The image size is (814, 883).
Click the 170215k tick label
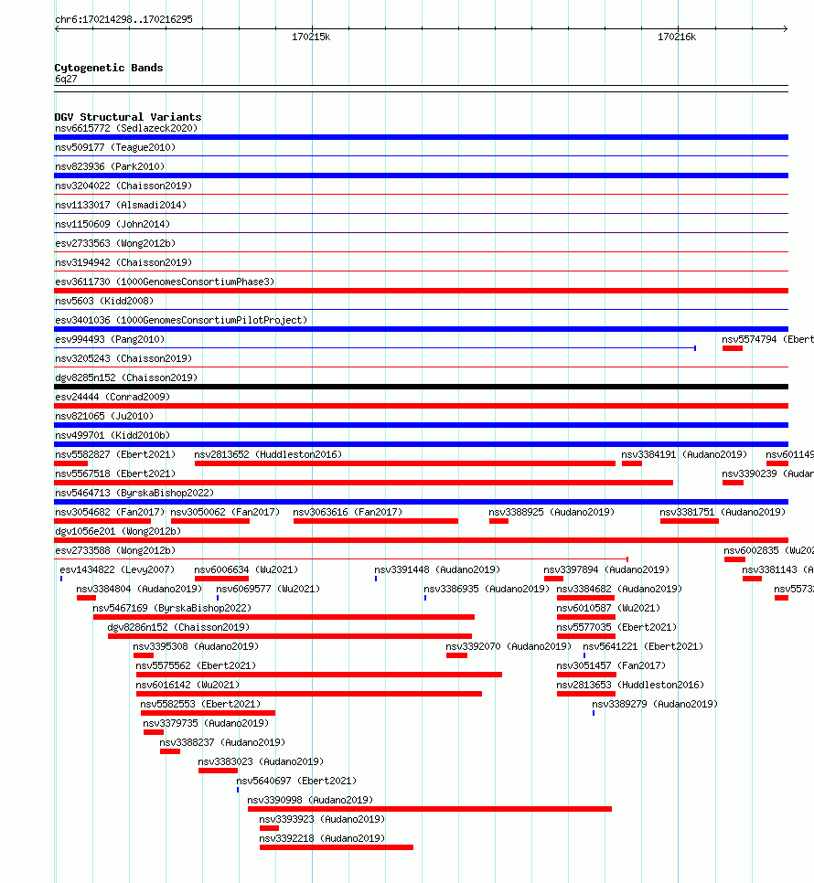(311, 37)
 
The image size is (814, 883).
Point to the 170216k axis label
(677, 37)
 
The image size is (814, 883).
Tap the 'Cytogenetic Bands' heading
(109, 68)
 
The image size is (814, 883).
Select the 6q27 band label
(66, 79)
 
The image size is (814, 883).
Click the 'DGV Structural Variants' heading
(128, 117)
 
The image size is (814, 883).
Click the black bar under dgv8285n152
(422, 387)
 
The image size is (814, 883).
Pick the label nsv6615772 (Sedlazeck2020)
(126, 128)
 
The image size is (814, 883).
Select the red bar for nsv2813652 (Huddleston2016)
(405, 463)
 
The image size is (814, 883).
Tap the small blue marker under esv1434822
(61, 579)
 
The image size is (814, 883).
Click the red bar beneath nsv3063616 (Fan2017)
(376, 521)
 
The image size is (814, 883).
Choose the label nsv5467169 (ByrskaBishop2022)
(172, 608)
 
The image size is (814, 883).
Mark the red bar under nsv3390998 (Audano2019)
(430, 809)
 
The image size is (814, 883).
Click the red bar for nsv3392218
(337, 847)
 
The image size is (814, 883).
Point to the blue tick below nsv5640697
(238, 790)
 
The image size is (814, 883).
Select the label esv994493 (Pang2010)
(110, 339)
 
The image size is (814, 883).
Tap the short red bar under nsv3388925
(499, 521)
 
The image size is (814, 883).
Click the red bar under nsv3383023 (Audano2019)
(218, 771)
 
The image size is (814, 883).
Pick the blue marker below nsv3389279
(594, 714)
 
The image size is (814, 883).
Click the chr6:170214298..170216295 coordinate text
(124, 20)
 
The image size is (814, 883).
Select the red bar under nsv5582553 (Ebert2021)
(208, 713)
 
